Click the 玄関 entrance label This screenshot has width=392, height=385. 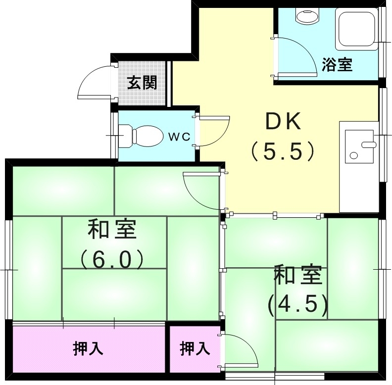click(x=142, y=83)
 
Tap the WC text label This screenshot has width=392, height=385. click(x=179, y=137)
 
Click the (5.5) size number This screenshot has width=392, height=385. click(x=283, y=151)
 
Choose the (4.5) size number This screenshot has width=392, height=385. click(x=297, y=305)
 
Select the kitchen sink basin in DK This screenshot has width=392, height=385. click(x=359, y=145)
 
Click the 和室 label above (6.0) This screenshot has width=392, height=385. click(x=113, y=229)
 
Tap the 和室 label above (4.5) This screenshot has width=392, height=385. click(x=297, y=276)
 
